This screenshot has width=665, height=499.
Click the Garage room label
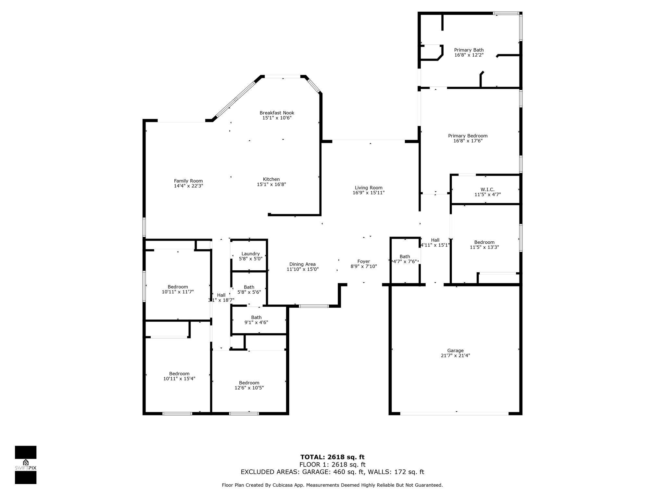tap(455, 351)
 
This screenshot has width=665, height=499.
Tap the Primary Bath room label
tap(469, 50)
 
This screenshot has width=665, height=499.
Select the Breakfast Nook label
tap(277, 113)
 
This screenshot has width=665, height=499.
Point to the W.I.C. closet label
tap(488, 189)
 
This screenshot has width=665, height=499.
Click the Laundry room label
tap(251, 254)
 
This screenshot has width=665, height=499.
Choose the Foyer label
tap(364, 262)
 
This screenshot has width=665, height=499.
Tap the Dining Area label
tap(303, 264)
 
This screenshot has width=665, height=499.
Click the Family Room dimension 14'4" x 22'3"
tap(189, 186)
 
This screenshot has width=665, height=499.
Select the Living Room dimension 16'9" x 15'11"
tap(369, 193)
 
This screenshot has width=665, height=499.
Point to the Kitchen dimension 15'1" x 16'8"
tap(271, 185)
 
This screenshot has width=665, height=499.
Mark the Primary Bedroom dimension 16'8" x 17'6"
tap(468, 141)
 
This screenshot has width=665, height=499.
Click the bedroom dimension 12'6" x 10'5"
tap(249, 388)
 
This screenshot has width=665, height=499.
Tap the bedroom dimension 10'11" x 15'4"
tap(179, 378)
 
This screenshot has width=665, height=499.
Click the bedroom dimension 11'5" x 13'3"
tap(484, 247)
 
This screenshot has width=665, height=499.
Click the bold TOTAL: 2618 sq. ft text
tap(332, 457)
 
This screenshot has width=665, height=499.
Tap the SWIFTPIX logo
tap(26, 465)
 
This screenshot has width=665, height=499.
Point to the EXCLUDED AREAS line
tap(332, 472)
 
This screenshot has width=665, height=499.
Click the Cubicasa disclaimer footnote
tap(332, 485)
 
